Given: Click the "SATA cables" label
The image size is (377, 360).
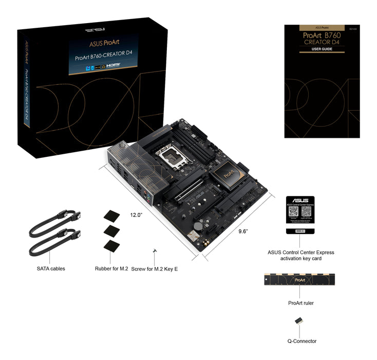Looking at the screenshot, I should tap(51, 268).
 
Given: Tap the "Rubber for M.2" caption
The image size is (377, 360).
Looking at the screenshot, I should tap(111, 268).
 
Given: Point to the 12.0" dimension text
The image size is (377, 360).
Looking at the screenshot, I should tap(136, 214).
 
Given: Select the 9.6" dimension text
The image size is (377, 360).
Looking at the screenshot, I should tap(243, 231).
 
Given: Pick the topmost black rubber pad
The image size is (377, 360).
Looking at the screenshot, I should tap(111, 215).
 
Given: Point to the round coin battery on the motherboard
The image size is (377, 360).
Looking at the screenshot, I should tap(198, 225).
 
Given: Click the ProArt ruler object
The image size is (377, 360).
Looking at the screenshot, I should tap(300, 281).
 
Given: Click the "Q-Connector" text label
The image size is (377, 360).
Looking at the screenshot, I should tap(301, 341).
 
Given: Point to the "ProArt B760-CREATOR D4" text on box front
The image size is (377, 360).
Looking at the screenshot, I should tap(103, 57).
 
